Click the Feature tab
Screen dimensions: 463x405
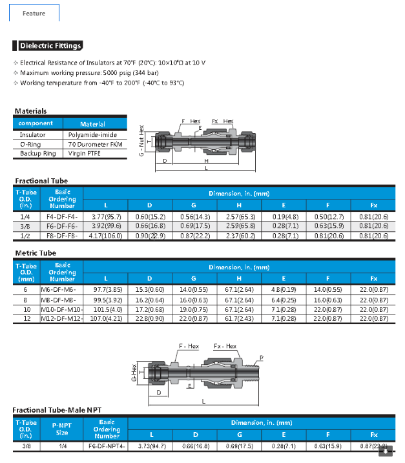(34, 13)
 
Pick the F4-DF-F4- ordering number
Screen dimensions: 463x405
(63, 216)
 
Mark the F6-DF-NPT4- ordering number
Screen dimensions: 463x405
(107, 446)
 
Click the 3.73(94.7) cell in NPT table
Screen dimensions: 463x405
(152, 446)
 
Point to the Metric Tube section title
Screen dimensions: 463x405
(35, 253)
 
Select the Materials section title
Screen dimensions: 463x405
(30, 111)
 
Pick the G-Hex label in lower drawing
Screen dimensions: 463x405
(134, 373)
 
